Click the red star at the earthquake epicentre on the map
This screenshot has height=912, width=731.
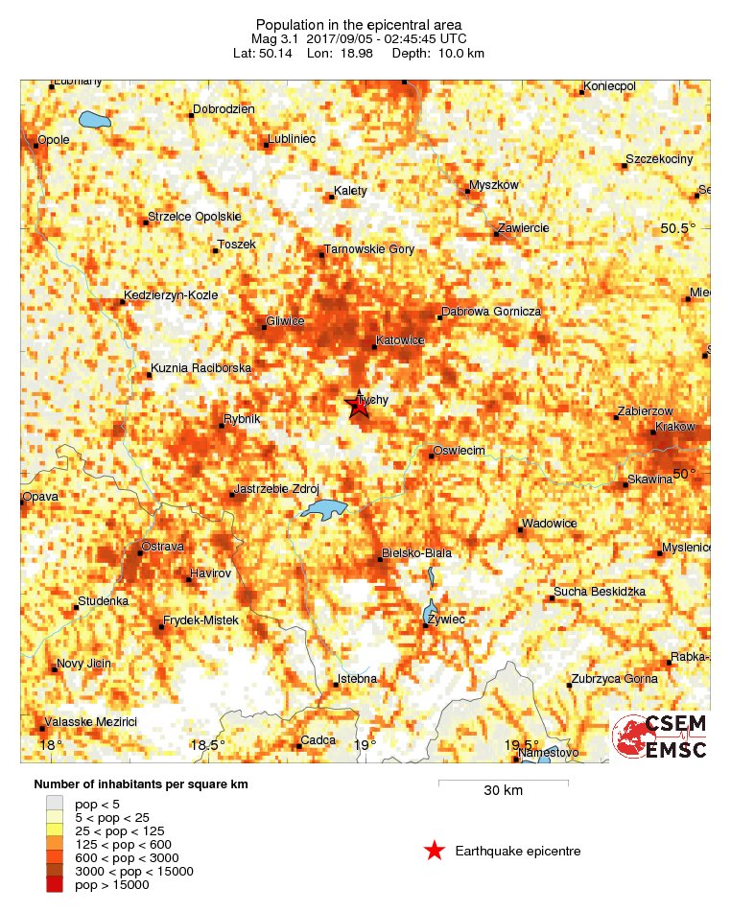tap(358, 407)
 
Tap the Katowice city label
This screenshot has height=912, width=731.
tap(401, 340)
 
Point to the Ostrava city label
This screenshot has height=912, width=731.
tap(162, 546)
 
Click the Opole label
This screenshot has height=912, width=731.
tap(54, 140)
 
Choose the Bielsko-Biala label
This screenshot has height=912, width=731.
tap(416, 553)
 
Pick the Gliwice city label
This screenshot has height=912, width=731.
tap(286, 321)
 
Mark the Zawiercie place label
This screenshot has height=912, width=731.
tap(523, 227)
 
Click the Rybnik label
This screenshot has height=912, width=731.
tap(242, 419)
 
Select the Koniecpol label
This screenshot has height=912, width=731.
tap(610, 86)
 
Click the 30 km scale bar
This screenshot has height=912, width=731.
tap(503, 784)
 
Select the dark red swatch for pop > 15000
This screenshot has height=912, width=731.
tap(55, 885)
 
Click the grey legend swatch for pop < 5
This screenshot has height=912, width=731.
tap(55, 803)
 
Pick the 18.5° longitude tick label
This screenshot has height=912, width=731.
tap(207, 745)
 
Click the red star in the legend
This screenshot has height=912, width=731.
tap(434, 851)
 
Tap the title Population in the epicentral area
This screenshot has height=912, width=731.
tap(360, 24)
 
